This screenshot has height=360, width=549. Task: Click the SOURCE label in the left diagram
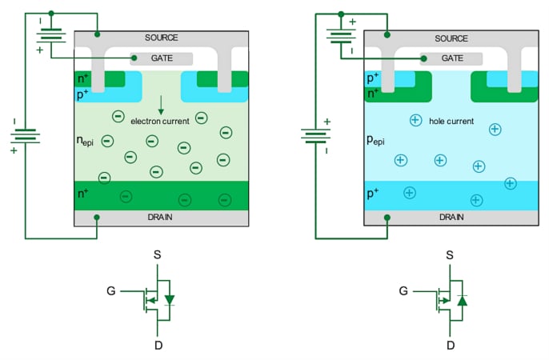tap(161, 38)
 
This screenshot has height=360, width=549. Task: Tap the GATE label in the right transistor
tap(453, 58)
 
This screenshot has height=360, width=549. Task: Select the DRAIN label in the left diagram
tap(161, 217)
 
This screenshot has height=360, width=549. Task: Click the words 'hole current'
tap(450, 122)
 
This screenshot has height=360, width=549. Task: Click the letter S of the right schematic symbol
tap(450, 255)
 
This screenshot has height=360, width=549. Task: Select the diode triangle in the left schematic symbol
tap(169, 300)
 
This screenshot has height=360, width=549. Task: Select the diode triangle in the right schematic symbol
tap(461, 300)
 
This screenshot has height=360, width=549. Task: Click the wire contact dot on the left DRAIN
tap(98, 217)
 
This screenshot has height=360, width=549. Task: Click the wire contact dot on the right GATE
tap(423, 58)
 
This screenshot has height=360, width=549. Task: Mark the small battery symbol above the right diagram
tap(340, 34)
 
